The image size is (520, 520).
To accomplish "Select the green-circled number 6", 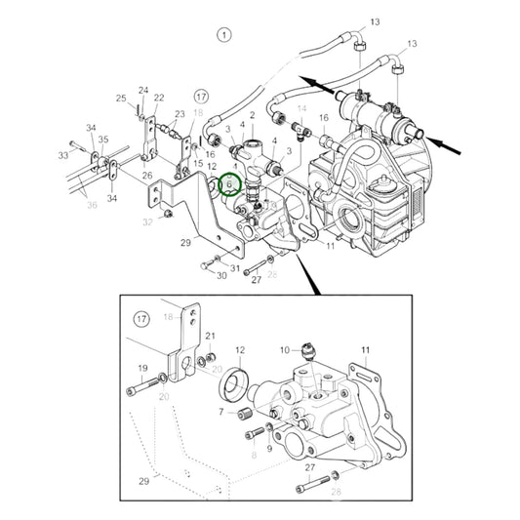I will (229, 182).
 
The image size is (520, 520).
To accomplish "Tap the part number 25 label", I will (122, 98).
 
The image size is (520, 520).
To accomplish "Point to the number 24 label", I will (142, 91).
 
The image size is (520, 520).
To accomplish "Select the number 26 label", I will (148, 176).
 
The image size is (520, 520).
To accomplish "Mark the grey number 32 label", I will (148, 221).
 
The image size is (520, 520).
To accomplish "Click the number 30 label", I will (221, 275).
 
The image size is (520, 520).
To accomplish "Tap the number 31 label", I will (235, 266).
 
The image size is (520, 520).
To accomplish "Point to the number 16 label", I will (323, 117).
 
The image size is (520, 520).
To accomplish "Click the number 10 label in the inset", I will (284, 348).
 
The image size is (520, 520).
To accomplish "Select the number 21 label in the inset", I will (210, 337).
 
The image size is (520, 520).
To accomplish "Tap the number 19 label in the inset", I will (141, 369).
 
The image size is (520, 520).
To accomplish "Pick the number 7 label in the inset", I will (220, 412).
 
